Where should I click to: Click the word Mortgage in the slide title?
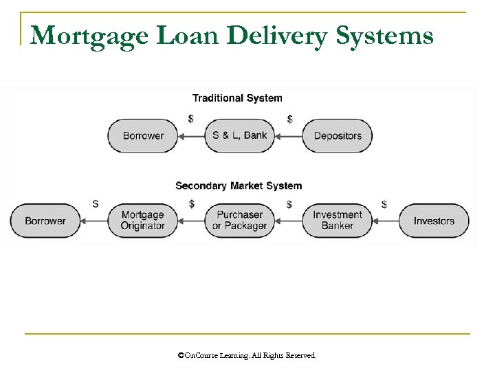click(74, 35)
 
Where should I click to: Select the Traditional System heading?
click(237, 98)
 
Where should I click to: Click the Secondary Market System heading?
click(239, 185)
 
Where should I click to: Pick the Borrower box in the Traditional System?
click(143, 135)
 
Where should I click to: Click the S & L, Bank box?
click(240, 135)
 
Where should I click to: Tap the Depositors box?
click(338, 135)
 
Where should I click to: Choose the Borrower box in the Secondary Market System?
click(45, 221)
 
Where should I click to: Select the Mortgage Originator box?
click(143, 221)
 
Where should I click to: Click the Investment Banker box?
click(338, 221)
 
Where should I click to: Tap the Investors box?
click(434, 221)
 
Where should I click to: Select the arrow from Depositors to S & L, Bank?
click(289, 136)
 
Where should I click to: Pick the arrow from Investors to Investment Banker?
click(386, 221)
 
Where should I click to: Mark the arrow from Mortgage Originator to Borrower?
click(94, 221)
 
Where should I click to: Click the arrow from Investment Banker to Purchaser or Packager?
click(289, 221)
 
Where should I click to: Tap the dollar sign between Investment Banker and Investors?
click(384, 204)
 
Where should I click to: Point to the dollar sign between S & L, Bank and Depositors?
click(289, 120)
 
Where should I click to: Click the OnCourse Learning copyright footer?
click(247, 356)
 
